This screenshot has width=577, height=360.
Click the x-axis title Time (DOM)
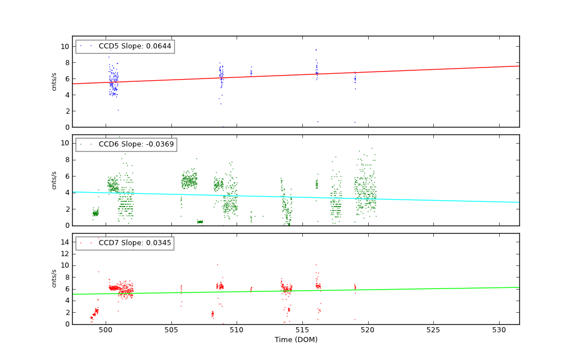295,340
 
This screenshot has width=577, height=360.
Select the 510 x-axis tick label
237,330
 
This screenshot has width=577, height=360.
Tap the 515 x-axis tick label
302,330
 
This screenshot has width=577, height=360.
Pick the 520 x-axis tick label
368,330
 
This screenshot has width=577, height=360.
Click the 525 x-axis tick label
433,330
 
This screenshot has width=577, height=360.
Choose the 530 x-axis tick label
499,330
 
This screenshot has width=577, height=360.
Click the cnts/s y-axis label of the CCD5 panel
54,81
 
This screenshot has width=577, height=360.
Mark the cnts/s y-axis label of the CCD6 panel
54,180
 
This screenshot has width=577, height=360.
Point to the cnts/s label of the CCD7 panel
54,279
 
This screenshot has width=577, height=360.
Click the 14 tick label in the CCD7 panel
65,242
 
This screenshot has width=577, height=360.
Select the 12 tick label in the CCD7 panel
65,254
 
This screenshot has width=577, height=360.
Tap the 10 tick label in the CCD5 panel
65,46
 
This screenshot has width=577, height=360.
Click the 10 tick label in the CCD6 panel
65,143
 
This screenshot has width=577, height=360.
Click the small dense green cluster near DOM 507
200,222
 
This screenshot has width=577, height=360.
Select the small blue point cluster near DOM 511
251,72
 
